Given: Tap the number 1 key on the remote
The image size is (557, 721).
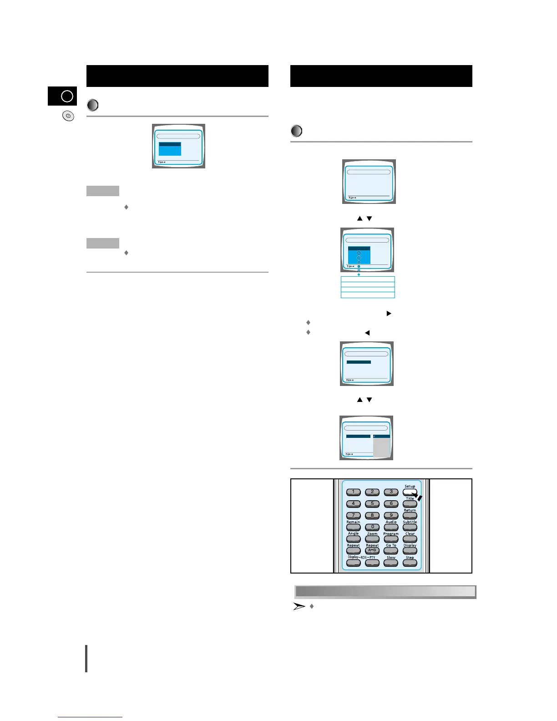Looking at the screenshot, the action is tap(353, 492).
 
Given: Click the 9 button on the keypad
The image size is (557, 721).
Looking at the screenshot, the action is tap(391, 516).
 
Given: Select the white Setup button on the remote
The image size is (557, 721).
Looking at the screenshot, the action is tap(409, 492).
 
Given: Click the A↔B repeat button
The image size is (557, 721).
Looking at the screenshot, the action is tap(372, 551).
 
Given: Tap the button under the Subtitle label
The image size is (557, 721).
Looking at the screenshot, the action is tap(410, 528).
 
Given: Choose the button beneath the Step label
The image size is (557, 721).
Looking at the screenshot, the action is tap(410, 563).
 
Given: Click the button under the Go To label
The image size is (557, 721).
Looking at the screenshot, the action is tap(391, 551).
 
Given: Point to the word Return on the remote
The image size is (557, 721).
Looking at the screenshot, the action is tap(410, 510).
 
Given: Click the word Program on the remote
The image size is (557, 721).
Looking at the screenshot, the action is tap(391, 533).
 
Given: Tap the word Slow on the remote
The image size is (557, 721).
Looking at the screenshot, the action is tap(391, 558).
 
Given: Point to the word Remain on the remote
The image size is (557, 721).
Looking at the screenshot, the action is tap(353, 522).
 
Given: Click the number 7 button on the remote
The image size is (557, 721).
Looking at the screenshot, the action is tap(353, 516).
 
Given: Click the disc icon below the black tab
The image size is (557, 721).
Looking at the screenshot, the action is tap(68, 116).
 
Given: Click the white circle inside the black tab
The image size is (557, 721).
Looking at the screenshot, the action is tap(67, 96).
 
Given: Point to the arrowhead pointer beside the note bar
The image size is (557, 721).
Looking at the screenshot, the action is tap(299, 606).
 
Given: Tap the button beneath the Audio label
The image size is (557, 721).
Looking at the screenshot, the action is tap(391, 528).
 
